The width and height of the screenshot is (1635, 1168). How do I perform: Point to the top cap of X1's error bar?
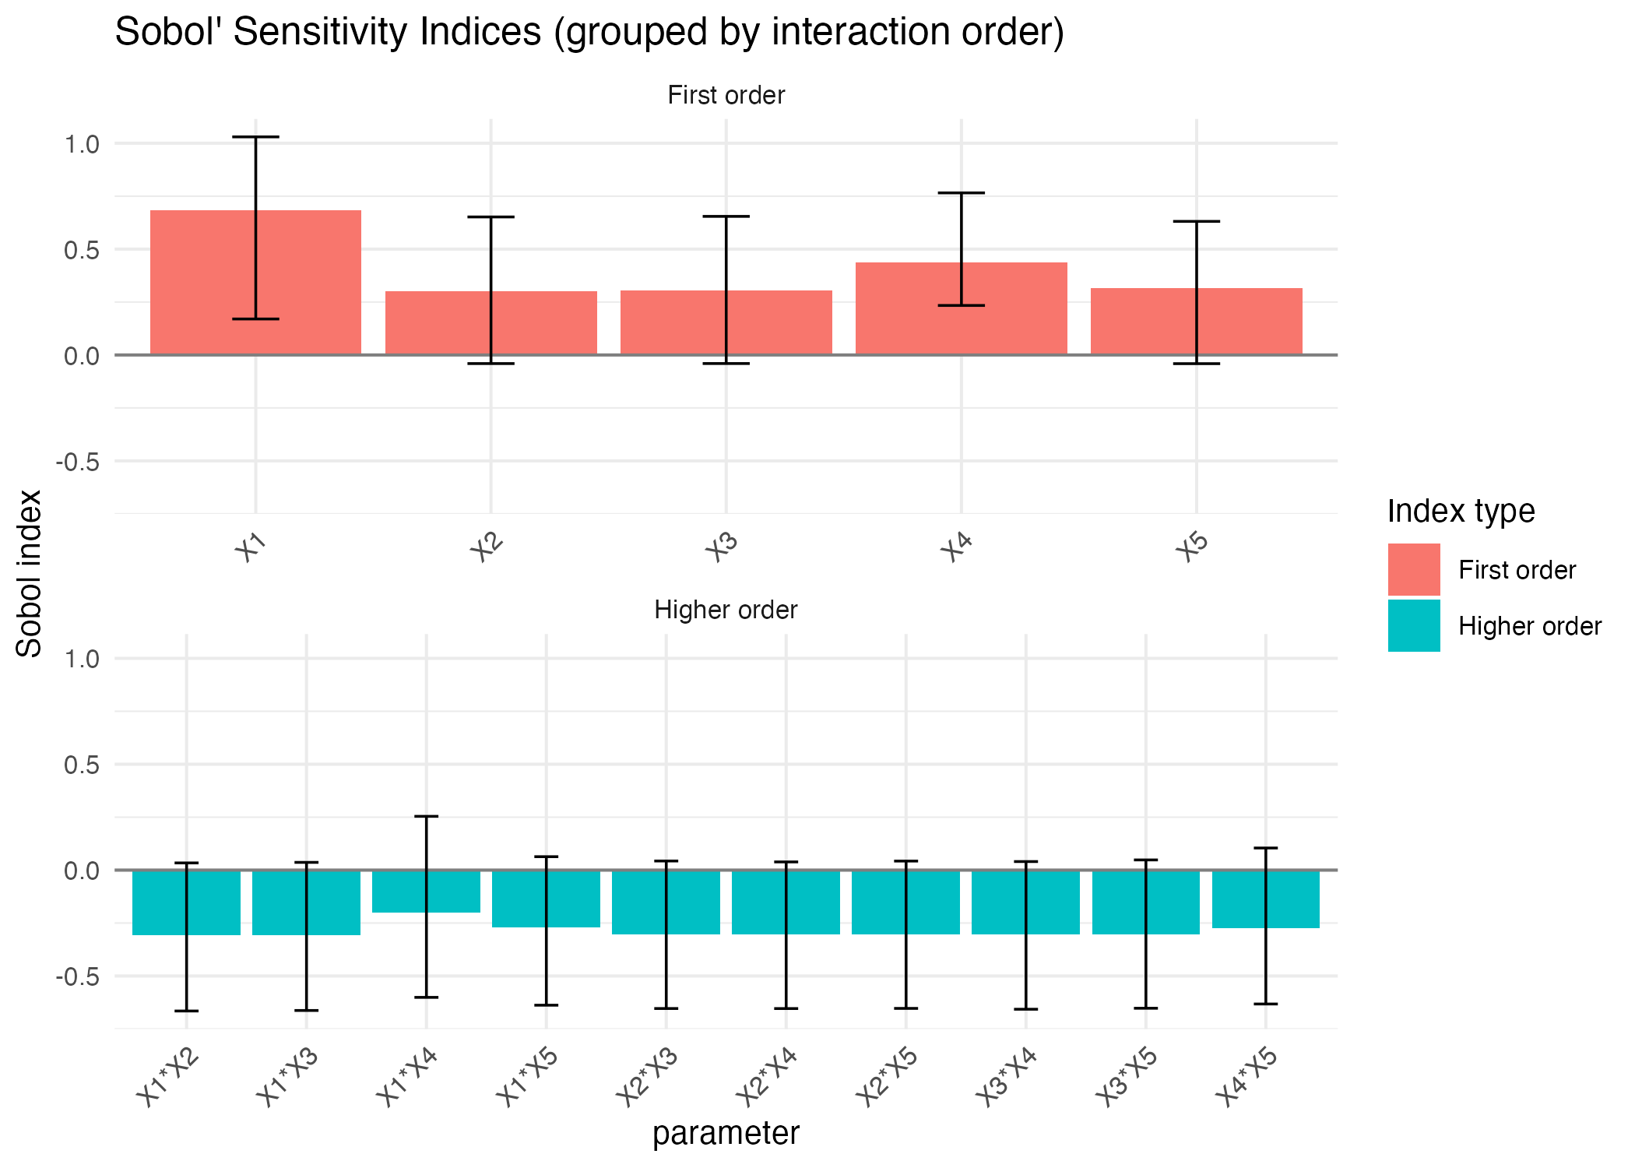coord(255,137)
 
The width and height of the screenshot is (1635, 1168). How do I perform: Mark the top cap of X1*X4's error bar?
coord(426,816)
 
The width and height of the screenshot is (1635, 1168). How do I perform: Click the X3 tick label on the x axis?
coord(721,547)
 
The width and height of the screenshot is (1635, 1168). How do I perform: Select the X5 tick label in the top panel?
coord(1191,547)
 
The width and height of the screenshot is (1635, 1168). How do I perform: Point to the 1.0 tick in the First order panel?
coord(82,144)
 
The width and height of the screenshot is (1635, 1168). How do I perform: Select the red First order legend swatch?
coord(1413,569)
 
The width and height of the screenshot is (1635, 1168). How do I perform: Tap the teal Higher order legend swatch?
coord(1413,625)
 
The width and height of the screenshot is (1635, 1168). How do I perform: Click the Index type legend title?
coord(1461,512)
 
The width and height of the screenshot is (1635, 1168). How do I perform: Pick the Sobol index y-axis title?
coord(29,573)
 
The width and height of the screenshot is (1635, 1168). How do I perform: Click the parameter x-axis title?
coord(726,1134)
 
